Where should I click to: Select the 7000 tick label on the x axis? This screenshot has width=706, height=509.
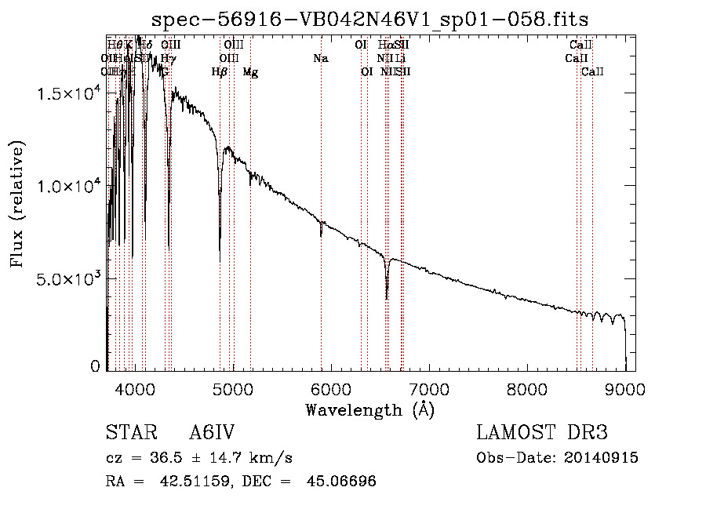pos(429,387)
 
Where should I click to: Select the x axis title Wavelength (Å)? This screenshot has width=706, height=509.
pos(369,409)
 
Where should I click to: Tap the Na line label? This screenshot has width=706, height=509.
pos(320,58)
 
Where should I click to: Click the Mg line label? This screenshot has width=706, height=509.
pos(250,72)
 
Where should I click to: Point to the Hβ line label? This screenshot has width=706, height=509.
pos(220,72)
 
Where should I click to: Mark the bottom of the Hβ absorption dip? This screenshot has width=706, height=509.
pos(220,261)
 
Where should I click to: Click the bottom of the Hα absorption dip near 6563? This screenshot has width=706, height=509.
pos(387,298)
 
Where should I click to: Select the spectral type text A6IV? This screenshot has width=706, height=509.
pos(212,434)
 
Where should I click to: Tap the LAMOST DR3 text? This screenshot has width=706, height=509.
pos(542,434)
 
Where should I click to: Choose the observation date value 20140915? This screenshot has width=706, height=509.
pos(605,458)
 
